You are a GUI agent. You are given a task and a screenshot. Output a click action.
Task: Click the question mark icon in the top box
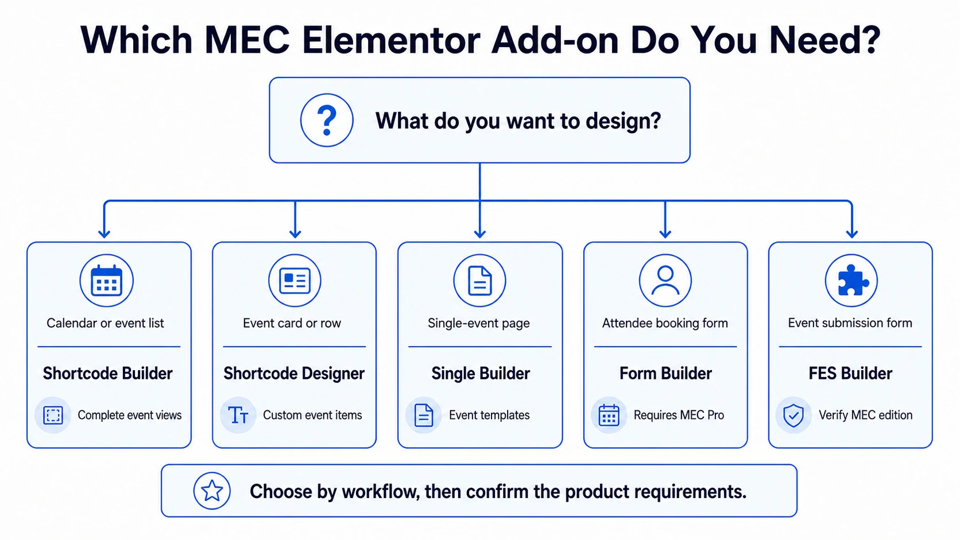click(x=327, y=121)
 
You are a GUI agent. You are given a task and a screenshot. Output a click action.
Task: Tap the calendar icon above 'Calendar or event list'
click(x=106, y=281)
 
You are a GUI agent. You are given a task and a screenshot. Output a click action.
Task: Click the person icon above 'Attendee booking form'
click(x=665, y=281)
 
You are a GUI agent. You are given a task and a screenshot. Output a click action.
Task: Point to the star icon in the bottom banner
click(x=212, y=491)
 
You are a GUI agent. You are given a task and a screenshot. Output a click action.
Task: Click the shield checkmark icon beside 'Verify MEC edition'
click(x=793, y=415)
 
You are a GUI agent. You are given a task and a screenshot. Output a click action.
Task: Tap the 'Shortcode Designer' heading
click(x=294, y=374)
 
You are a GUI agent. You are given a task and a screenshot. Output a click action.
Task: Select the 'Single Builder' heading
click(x=481, y=374)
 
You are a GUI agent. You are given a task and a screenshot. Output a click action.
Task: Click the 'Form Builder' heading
click(x=665, y=374)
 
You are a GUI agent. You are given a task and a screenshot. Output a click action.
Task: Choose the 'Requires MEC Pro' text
click(x=679, y=415)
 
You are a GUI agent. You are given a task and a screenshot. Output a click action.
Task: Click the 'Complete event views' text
click(x=129, y=415)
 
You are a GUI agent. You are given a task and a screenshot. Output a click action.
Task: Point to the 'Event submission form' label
click(x=850, y=323)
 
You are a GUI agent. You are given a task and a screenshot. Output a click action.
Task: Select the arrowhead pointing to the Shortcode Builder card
click(x=104, y=234)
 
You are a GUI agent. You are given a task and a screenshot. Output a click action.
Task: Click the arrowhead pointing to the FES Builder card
click(x=852, y=234)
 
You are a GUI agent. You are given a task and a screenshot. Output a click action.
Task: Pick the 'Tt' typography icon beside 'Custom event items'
click(x=238, y=415)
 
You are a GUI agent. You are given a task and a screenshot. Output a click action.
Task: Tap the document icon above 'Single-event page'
click(x=479, y=281)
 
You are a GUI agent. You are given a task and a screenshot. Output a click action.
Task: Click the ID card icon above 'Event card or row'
click(x=295, y=281)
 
